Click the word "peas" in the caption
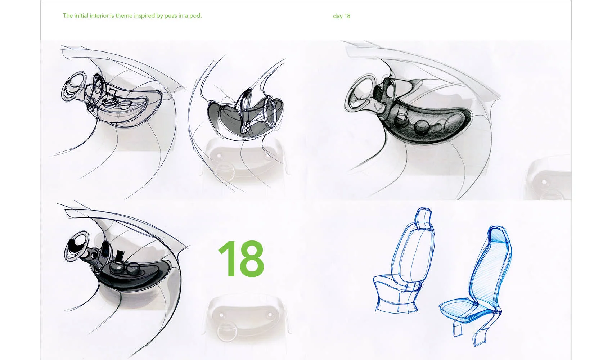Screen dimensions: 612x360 pos(171,16)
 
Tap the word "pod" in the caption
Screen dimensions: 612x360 pos(195,15)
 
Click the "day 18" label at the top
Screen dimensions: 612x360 pos(342,16)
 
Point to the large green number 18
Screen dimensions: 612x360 pos(242,259)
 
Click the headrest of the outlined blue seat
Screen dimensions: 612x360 pos(423,217)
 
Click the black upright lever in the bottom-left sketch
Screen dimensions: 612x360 pos(120,256)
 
